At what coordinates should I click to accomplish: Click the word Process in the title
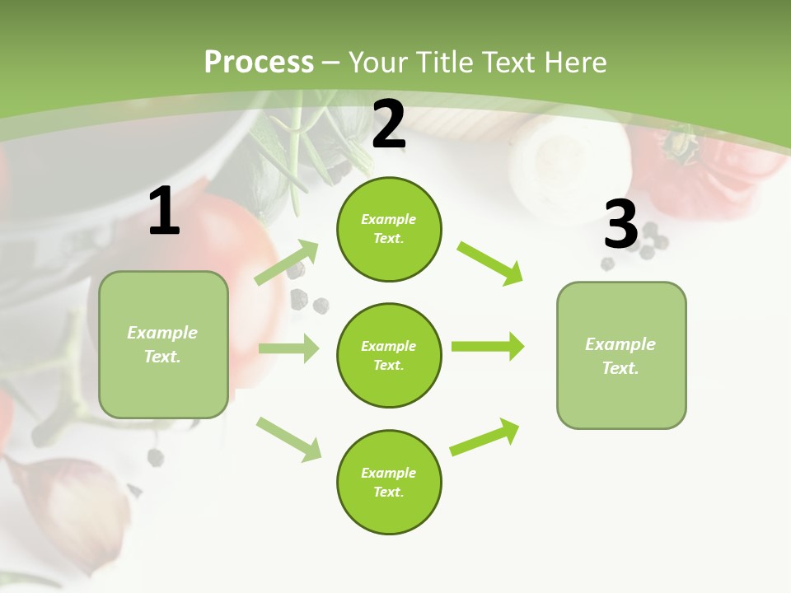point(259,63)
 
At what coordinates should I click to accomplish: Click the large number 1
point(164,212)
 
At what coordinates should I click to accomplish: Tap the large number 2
point(389,124)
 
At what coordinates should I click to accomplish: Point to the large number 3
point(621,225)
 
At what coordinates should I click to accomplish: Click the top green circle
point(389,229)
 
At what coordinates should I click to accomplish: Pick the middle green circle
point(389,355)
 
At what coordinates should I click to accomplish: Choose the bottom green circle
point(389,482)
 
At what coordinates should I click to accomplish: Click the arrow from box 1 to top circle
point(287,263)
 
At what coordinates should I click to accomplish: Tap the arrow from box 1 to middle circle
point(288,348)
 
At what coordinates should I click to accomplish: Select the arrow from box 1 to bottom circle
point(288,438)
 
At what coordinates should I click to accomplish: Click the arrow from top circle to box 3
point(489,263)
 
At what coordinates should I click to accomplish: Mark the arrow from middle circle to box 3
point(487,346)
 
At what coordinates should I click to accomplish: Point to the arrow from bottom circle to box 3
point(484,437)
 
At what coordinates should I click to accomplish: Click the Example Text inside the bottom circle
point(389,482)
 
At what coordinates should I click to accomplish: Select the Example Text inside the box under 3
point(621,356)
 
